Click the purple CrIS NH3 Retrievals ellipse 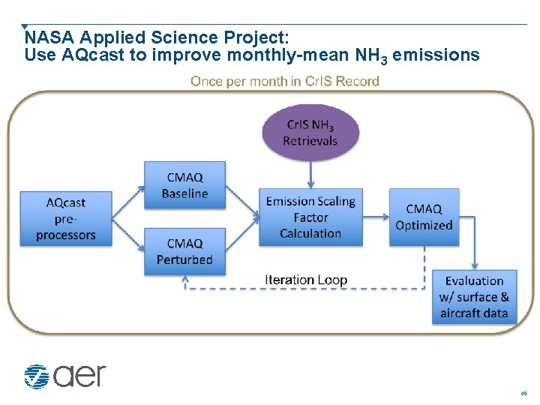point(310,133)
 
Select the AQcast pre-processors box point(66,218)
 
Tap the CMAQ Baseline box point(184,185)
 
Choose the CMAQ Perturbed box point(184,251)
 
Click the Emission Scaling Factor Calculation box point(310,217)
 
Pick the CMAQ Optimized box point(424,217)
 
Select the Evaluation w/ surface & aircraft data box point(474,297)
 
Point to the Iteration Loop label point(305,280)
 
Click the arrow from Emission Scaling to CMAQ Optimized point(374,217)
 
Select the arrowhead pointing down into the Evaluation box point(475,265)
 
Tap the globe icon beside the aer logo point(35,376)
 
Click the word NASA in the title point(49,37)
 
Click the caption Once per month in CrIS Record point(284,81)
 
